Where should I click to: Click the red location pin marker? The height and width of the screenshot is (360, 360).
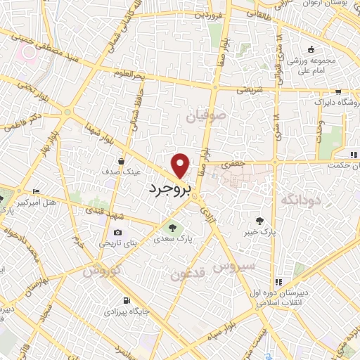(181, 165)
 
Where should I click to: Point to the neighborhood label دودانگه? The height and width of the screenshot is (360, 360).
(301, 201)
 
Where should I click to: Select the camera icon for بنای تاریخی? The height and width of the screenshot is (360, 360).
(117, 232)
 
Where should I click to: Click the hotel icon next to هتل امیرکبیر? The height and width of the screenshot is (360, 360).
(36, 191)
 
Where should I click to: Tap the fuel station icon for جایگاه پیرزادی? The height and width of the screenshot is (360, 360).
(126, 299)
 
